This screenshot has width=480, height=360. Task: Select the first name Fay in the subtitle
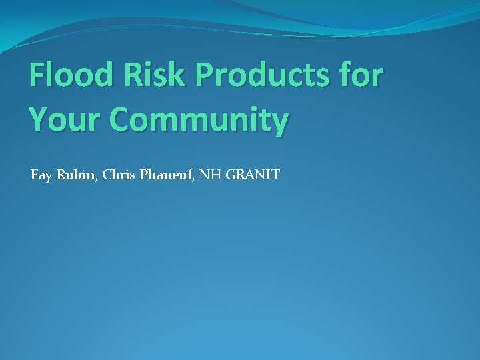tap(41, 176)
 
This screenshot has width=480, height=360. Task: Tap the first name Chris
tap(117, 175)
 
